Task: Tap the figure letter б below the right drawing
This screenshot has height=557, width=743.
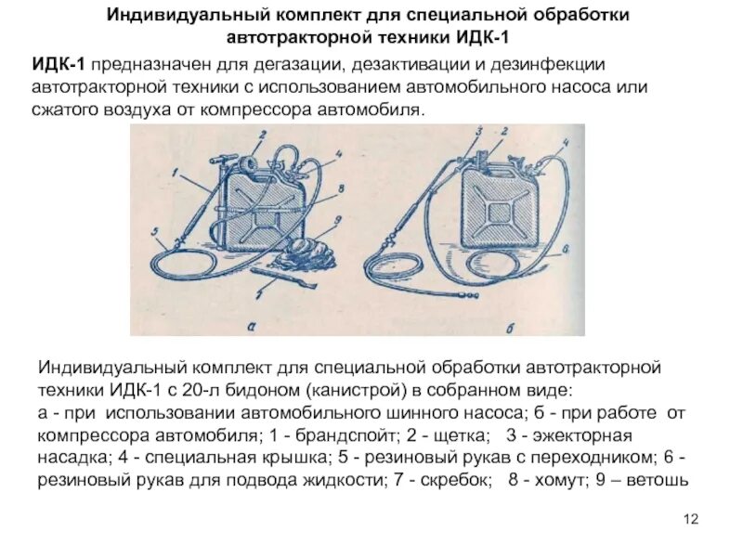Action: click(x=493, y=326)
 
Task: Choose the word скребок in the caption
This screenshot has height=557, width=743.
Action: click(x=461, y=480)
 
